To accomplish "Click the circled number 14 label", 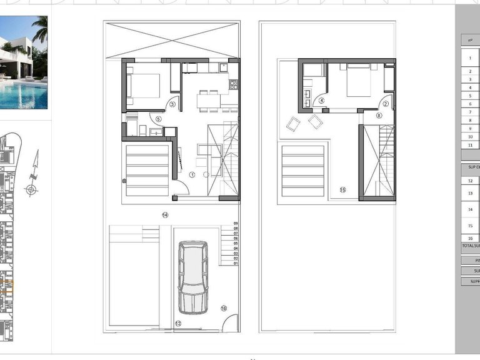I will click(x=165, y=215).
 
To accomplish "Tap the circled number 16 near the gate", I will click(x=224, y=308).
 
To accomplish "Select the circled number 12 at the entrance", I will click(x=178, y=323).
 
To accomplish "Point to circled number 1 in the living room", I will click(x=192, y=175).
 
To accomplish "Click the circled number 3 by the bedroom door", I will click(x=172, y=104).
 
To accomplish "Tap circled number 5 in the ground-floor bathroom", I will click(x=158, y=118).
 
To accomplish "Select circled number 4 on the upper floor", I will click(x=321, y=100).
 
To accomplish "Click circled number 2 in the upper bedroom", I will click(x=386, y=104).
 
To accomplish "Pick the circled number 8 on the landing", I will click(x=379, y=116).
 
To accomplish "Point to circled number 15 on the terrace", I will click(x=342, y=189).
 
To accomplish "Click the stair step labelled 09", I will click(x=236, y=223).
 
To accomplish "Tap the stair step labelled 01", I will click(x=236, y=263).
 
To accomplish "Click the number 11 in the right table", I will click(x=470, y=144).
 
